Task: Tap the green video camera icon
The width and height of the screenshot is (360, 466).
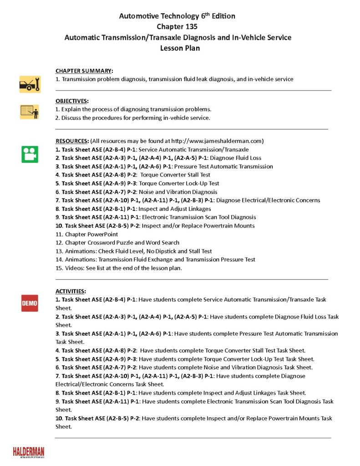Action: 30,154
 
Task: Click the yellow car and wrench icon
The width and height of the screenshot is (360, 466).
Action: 30,84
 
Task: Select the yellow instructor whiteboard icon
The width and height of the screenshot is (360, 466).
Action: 30,111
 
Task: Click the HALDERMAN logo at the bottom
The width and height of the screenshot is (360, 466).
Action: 29,451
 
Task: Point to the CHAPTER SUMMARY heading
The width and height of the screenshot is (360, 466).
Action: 84,71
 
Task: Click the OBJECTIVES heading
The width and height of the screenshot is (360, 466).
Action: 72,101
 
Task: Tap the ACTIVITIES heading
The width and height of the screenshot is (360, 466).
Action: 71,291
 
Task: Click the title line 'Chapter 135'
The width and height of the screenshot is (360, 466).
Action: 177,26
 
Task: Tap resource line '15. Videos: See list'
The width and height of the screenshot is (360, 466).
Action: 118,268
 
